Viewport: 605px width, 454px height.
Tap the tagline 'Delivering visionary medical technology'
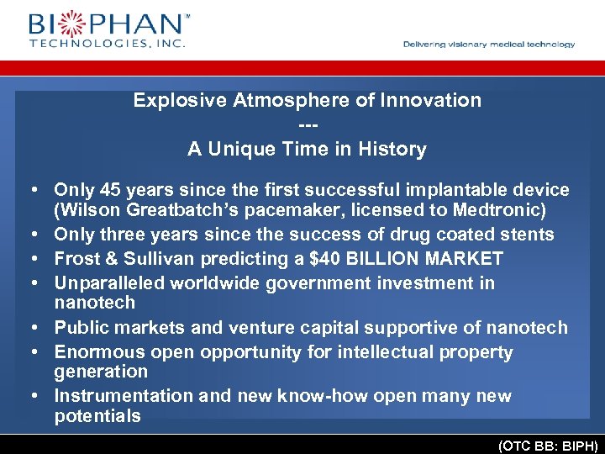[x=489, y=45]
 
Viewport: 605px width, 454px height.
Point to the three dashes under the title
[x=308, y=124]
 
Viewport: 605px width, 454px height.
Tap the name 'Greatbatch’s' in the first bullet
[x=171, y=209]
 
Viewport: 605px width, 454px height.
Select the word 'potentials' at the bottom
[x=97, y=416]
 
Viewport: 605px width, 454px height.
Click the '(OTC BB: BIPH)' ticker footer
[x=549, y=446]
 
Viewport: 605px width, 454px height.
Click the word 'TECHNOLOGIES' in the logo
[x=84, y=43]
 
